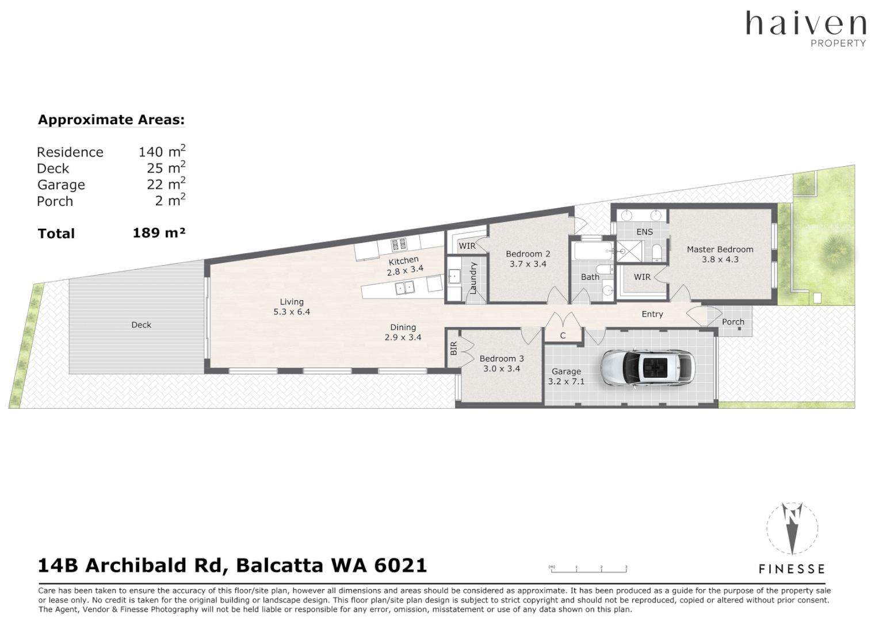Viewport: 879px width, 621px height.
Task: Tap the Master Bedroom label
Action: (720, 250)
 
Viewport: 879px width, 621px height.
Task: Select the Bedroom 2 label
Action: (528, 254)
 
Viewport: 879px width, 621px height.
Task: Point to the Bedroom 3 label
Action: (502, 358)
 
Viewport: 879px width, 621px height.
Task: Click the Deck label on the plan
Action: (141, 325)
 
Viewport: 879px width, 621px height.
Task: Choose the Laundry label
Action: (473, 278)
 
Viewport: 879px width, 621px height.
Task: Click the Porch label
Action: (733, 322)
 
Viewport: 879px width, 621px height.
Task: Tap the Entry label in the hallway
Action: (652, 314)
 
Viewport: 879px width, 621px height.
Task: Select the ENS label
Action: (644, 232)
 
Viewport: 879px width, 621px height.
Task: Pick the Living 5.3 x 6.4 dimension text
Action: (292, 312)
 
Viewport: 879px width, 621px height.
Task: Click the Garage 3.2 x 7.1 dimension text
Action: (566, 381)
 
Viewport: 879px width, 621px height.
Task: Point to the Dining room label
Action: (403, 327)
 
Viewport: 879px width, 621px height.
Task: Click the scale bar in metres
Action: (588, 569)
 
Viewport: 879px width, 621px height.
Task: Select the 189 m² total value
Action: (159, 233)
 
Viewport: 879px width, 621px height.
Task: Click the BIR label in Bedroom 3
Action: (453, 348)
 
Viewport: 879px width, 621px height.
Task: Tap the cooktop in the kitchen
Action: (399, 246)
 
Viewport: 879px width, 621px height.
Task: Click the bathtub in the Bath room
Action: (593, 251)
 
